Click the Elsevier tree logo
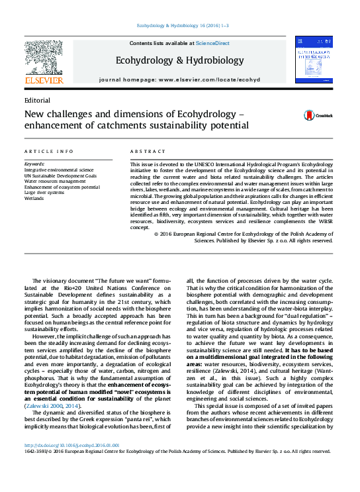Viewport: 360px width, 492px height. pyautogui.click(x=44, y=60)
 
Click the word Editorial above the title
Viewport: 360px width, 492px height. pyautogui.click(x=36, y=100)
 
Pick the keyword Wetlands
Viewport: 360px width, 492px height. pyautogui.click(x=34, y=198)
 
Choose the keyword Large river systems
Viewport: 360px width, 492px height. pyautogui.click(x=44, y=192)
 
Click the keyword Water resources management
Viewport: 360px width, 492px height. pyautogui.click(x=55, y=181)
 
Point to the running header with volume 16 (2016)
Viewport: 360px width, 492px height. pyautogui.click(x=182, y=25)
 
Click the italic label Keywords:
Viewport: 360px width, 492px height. pyautogui.click(x=34, y=164)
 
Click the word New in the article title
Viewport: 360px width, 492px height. pyautogui.click(x=33, y=114)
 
